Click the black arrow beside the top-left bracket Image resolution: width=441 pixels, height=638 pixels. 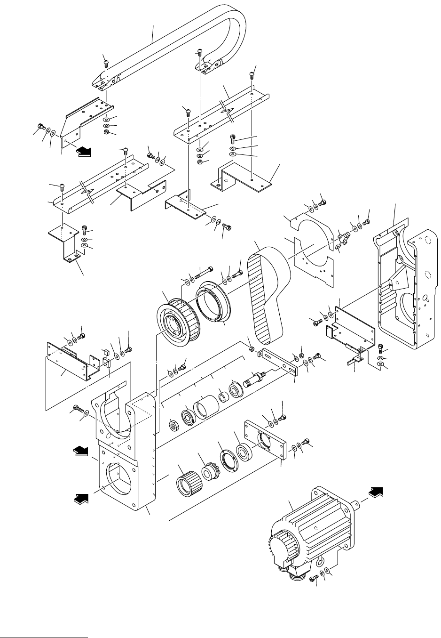(84, 152)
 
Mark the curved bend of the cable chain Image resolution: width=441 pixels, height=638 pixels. (235, 28)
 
